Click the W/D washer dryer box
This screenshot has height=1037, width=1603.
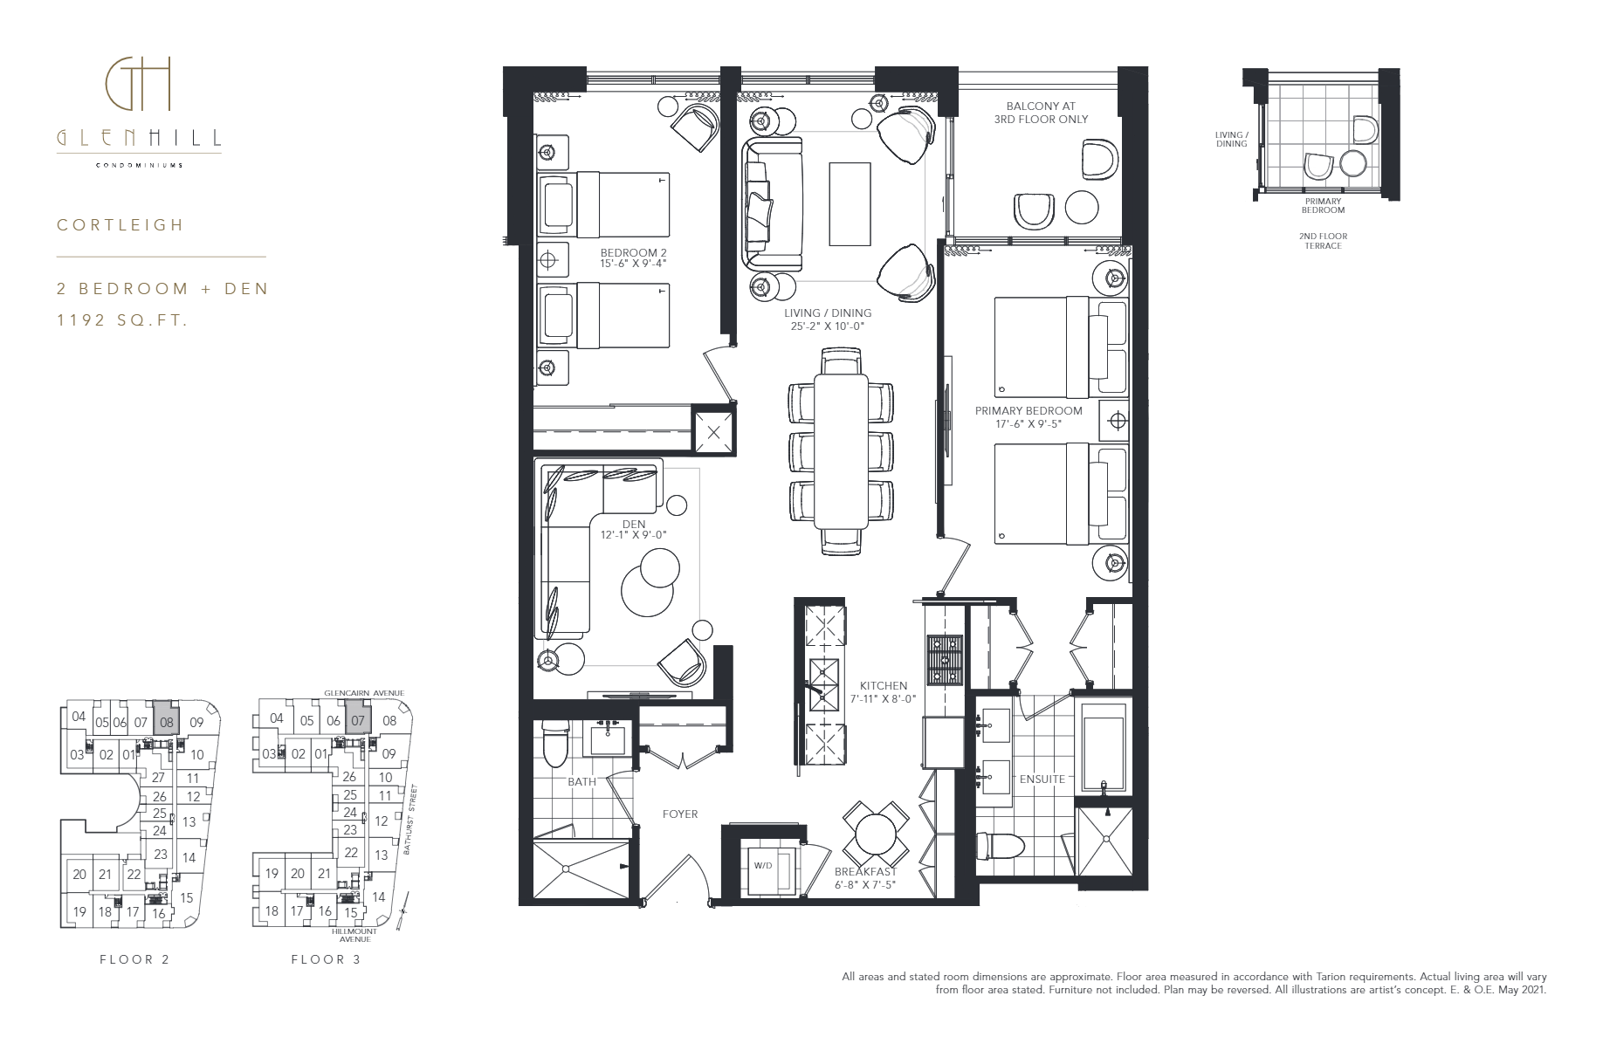771,868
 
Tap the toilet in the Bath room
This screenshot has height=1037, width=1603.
554,744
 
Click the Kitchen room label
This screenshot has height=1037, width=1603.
883,686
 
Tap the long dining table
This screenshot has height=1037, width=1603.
842,451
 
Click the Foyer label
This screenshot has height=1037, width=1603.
680,814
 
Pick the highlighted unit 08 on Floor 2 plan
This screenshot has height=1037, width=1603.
167,721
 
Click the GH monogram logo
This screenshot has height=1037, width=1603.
139,85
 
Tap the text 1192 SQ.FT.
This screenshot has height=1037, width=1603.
123,320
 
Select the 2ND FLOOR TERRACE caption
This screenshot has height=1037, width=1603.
1323,241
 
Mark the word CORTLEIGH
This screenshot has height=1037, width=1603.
120,225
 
